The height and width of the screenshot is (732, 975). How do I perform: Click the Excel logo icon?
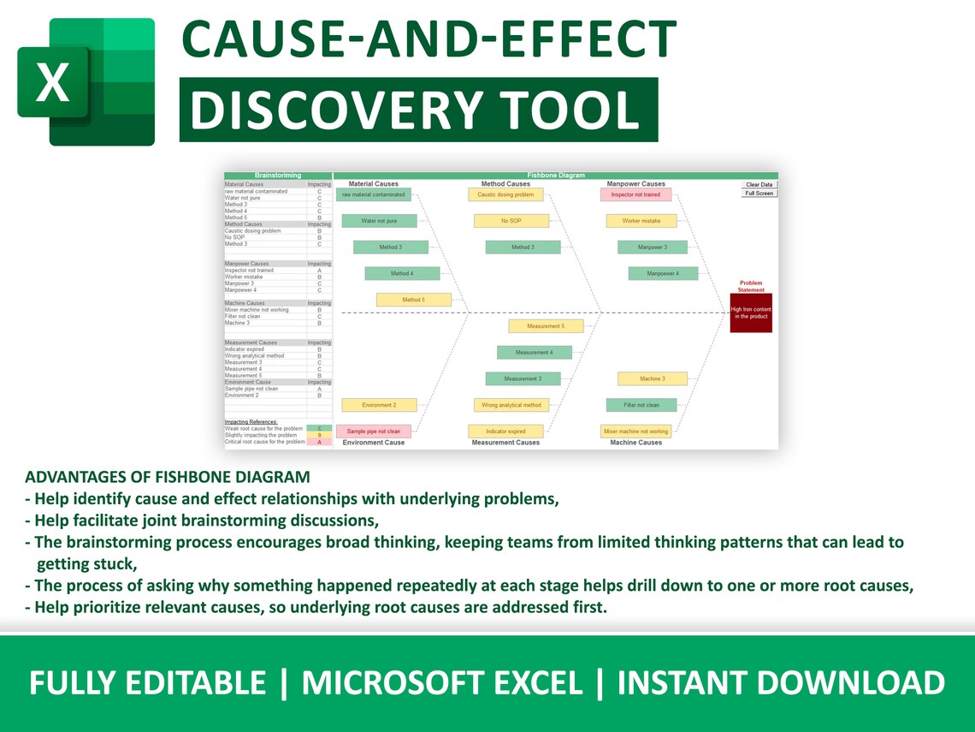pos(86,81)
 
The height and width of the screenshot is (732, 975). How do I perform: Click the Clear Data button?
pos(759,185)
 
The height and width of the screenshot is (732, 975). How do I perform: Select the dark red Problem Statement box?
pos(751,312)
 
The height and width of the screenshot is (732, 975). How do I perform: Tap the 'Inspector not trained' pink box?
pos(635,194)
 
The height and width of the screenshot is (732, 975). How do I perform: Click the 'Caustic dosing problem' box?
pos(505,194)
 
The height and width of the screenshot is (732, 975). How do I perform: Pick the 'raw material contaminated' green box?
pos(373,194)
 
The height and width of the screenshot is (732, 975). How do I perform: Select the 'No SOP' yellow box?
pos(511,221)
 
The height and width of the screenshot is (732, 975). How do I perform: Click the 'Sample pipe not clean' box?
pos(373,431)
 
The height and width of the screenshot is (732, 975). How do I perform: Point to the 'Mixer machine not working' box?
pos(635,431)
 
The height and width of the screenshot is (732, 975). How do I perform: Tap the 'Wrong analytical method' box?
pos(511,405)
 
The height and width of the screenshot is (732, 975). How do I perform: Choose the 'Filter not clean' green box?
pos(641,405)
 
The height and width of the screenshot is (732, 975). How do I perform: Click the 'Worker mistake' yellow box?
pos(641,221)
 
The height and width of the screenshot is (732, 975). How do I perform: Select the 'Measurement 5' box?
pos(545,326)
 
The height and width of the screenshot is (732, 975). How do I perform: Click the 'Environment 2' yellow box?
pos(379,405)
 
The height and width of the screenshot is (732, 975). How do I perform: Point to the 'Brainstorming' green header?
pos(277,176)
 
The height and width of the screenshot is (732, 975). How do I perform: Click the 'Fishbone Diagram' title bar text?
pos(556,176)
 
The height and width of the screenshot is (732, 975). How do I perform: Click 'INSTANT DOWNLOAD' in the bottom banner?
pos(781,683)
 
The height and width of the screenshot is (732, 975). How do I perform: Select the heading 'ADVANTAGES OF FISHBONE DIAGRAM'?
pos(168,477)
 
